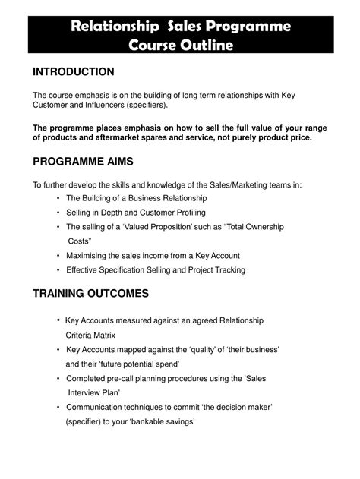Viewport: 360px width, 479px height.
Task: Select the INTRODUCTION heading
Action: pos(73,72)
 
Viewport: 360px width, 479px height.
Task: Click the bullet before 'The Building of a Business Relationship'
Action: pos(58,199)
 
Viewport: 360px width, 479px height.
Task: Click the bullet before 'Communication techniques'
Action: pos(58,407)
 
